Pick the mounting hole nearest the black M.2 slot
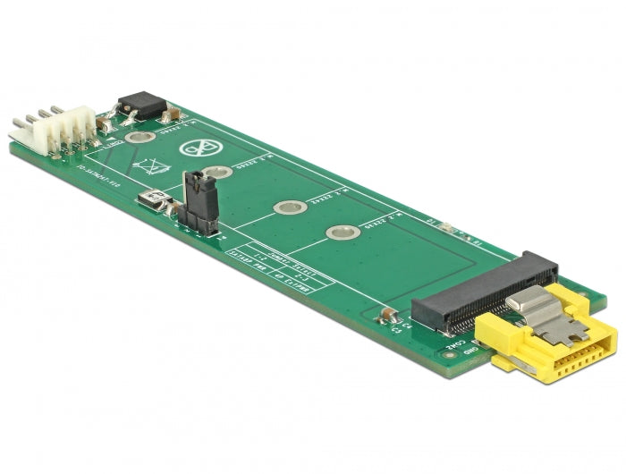(342, 233)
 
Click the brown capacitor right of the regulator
(171, 115)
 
